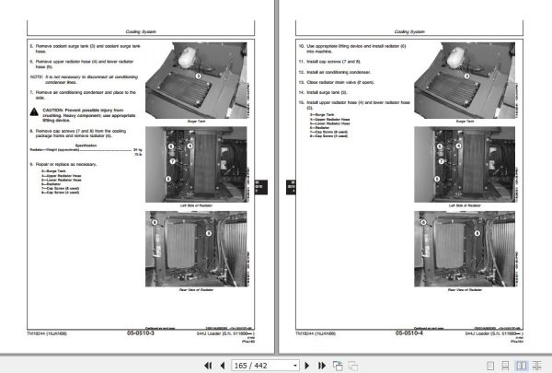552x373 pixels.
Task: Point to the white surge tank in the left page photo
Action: pos(190,55)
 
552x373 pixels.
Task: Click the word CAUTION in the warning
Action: pos(53,110)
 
